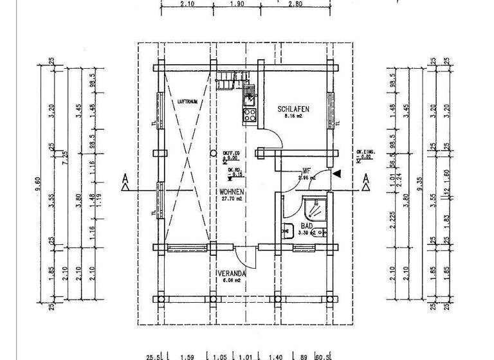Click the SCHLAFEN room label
(293, 110)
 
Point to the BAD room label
(307, 226)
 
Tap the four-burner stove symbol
(249, 116)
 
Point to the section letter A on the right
(366, 178)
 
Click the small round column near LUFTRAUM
(214, 153)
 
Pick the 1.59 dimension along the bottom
(187, 355)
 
